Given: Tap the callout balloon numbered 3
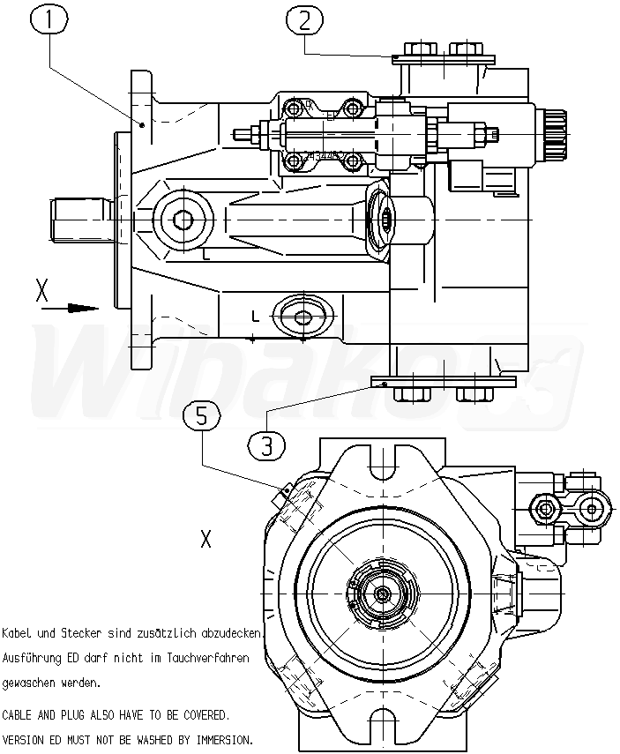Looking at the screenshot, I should tap(266, 443).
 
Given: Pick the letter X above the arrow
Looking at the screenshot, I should tap(41, 290).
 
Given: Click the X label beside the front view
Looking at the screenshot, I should tap(205, 539).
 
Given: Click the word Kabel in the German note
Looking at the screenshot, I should tap(17, 633).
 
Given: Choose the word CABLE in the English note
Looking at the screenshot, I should tap(19, 713).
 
